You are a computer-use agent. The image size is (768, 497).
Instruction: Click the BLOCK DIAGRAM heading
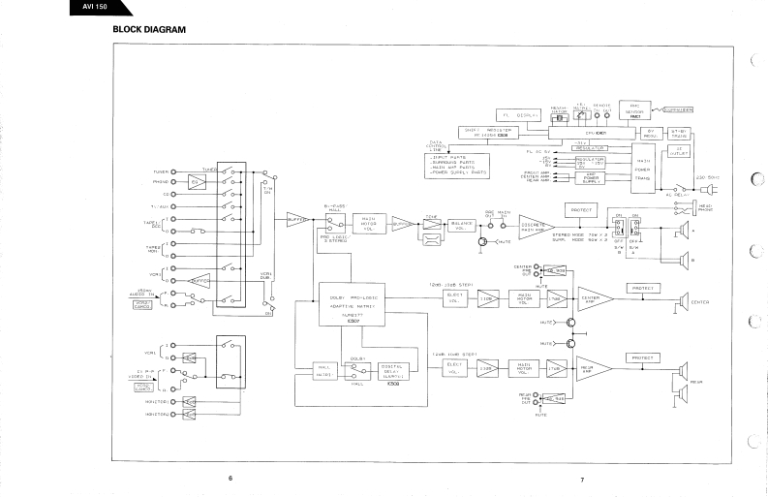click(x=149, y=30)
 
